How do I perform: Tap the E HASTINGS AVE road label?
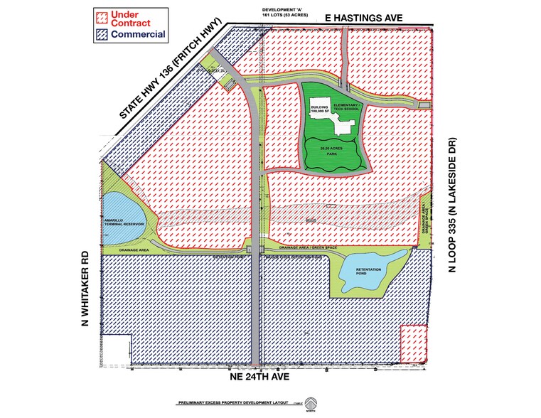[384, 14]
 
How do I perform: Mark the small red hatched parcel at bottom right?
[414, 343]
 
